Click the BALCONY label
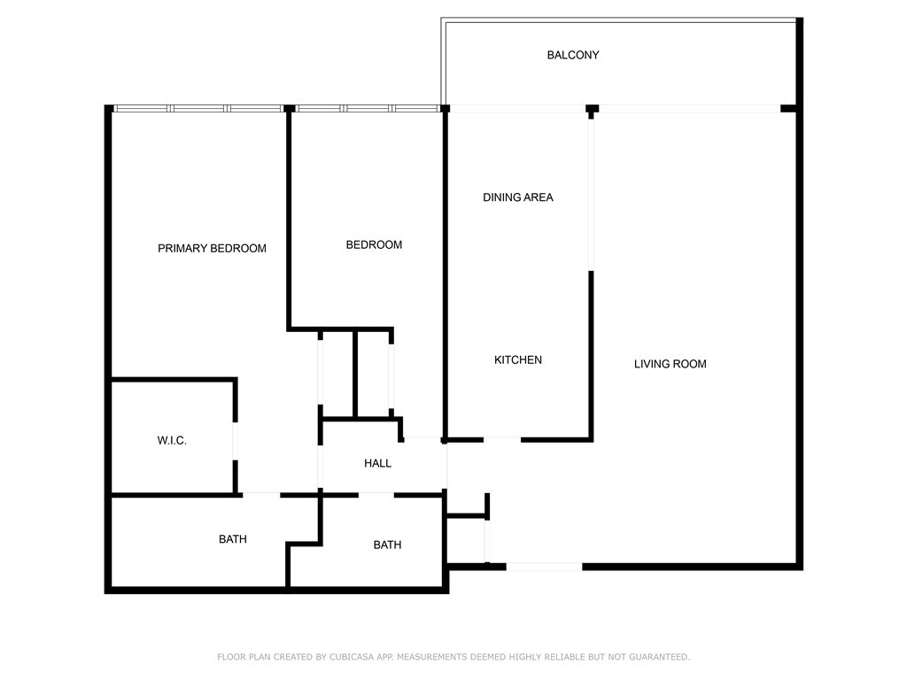572,55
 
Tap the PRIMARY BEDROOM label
212,248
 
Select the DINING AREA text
517,197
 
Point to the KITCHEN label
517,359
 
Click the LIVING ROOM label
670,363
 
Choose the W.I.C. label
172,440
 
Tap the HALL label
377,463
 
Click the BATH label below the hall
387,545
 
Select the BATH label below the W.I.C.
233,538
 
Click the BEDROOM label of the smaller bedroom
374,244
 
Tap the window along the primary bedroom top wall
198,108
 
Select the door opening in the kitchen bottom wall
501,438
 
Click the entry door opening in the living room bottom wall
544,566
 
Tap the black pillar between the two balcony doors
592,108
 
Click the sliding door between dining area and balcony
518,108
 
